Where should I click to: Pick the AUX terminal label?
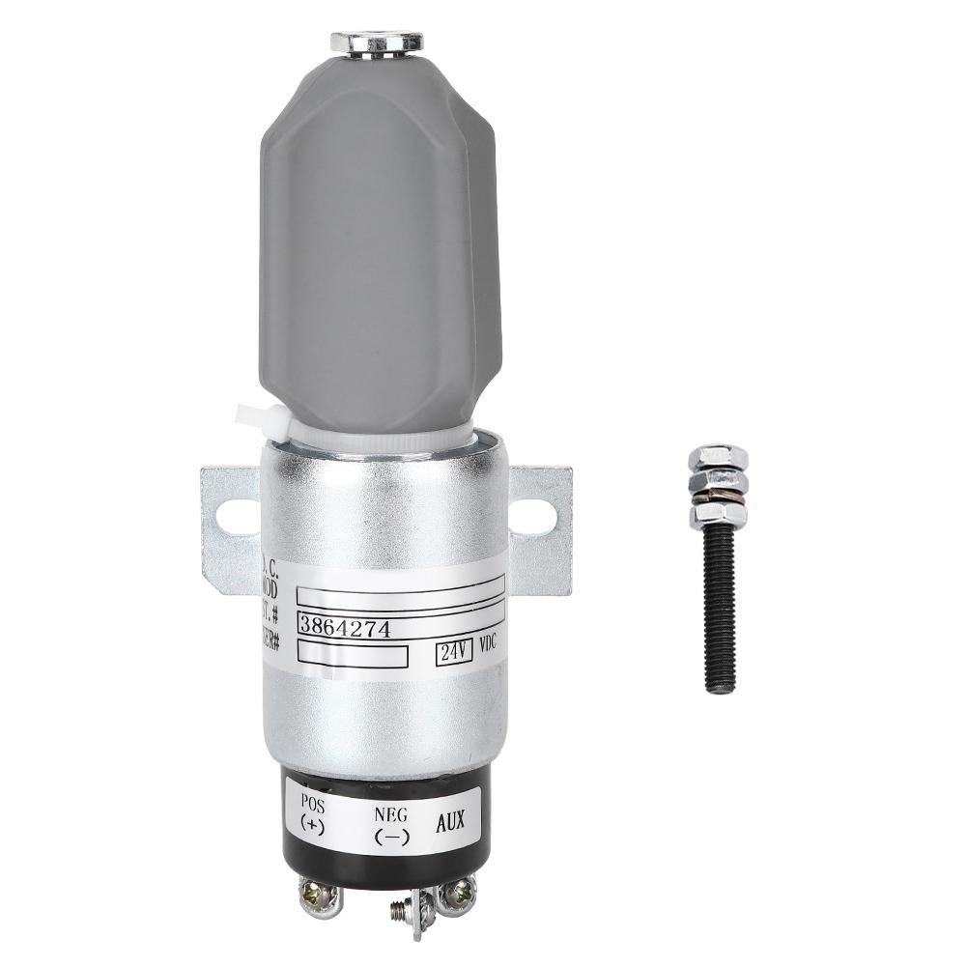point(449,822)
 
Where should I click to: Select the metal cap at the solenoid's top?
point(377,43)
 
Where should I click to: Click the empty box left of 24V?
point(353,656)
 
